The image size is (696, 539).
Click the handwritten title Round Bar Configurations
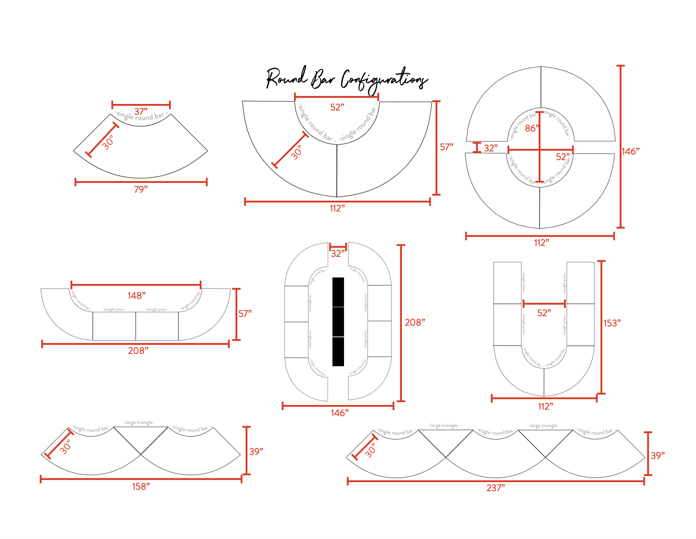(347, 79)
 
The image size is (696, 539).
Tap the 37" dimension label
(141, 111)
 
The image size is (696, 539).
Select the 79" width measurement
(141, 189)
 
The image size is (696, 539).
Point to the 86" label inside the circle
(532, 128)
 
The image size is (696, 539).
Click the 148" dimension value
(136, 296)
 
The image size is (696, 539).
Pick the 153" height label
(612, 323)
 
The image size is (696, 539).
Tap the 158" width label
(141, 486)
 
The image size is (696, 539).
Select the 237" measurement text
(496, 488)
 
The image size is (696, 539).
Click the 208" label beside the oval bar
(415, 322)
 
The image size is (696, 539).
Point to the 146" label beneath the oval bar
(340, 413)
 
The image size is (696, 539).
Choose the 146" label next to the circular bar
(631, 151)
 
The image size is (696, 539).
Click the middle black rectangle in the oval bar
(338, 322)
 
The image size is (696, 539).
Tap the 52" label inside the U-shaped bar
(544, 313)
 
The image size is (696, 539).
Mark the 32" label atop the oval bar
(338, 254)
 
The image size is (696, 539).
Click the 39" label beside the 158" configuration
(256, 452)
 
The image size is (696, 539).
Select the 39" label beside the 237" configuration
(658, 456)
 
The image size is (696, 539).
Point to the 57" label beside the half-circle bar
(446, 147)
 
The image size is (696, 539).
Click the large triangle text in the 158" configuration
(139, 422)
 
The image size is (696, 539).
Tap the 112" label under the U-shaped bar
(546, 406)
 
